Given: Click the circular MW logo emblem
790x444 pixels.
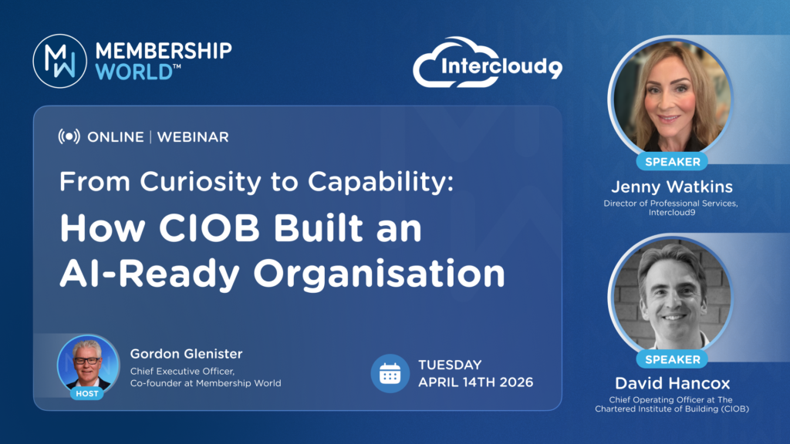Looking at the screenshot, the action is (60, 61).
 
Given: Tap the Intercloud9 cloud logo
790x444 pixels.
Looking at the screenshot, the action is (488, 62).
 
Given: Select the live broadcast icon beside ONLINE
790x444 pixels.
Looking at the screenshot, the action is (69, 136).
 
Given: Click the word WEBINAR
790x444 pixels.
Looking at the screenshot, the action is (193, 137).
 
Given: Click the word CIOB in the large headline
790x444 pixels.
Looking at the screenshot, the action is (209, 228).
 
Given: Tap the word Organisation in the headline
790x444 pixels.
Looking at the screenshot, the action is (379, 274).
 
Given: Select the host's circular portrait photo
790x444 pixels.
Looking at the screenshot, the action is (88, 365).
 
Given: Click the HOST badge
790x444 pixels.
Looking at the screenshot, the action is (87, 394).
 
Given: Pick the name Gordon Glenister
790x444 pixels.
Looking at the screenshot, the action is (187, 354).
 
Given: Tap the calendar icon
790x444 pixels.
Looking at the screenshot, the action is (390, 374).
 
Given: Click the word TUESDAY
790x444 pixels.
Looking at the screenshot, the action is (450, 365).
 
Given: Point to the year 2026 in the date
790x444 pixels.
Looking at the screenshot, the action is (516, 382).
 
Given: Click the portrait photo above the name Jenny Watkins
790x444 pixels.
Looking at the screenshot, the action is (672, 98).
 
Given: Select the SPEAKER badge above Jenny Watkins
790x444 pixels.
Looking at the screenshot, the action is (673, 162).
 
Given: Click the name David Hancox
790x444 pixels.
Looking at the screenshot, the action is (672, 384).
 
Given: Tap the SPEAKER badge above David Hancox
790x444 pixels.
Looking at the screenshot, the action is (673, 359).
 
